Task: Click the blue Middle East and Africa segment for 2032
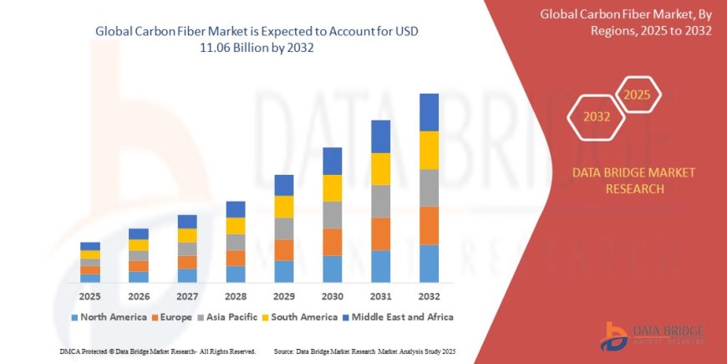point(429,112)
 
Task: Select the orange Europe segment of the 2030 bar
point(332,242)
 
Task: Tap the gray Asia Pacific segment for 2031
point(380,201)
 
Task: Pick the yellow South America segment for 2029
point(284,207)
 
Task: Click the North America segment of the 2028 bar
point(236,274)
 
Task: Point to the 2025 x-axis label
point(90,296)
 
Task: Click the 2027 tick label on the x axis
point(187,296)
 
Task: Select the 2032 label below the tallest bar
point(429,296)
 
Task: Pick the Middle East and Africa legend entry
point(397,317)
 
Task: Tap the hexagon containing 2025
point(638,95)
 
